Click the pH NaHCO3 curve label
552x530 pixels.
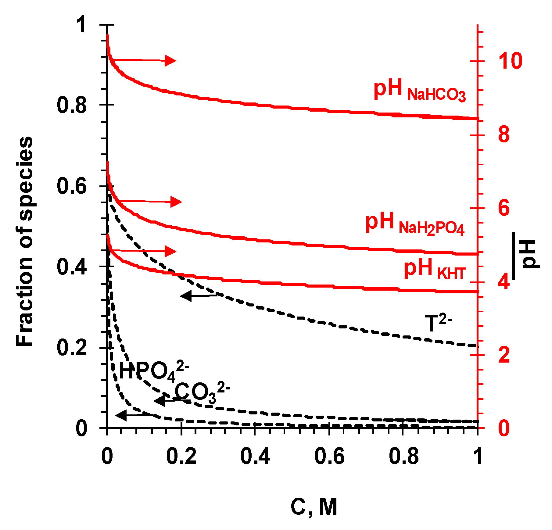pyautogui.click(x=419, y=90)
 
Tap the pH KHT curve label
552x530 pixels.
pyautogui.click(x=435, y=269)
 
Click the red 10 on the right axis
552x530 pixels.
pyautogui.click(x=510, y=61)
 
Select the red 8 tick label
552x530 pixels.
pyautogui.click(x=504, y=134)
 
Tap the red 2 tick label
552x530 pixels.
pyautogui.click(x=504, y=355)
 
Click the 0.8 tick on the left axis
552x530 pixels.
pyautogui.click(x=72, y=106)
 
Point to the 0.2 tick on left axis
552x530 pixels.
pyautogui.click(x=72, y=348)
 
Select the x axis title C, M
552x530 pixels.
pyautogui.click(x=314, y=508)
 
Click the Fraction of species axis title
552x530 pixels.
pyautogui.click(x=24, y=241)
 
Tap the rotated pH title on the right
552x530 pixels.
pyautogui.click(x=529, y=254)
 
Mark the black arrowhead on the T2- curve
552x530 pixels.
pyautogui.click(x=186, y=295)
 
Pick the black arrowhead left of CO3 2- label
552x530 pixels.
pyautogui.click(x=160, y=401)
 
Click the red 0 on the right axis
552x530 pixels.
pyautogui.click(x=504, y=428)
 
